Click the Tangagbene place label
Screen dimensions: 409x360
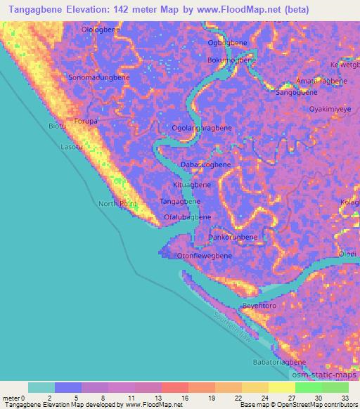coord(181,201)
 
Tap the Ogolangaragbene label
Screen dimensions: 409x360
coord(202,129)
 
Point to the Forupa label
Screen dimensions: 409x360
coord(86,121)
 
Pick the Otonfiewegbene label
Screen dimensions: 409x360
coord(205,256)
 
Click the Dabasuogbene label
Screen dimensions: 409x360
coord(206,164)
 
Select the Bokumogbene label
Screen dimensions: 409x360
coord(226,60)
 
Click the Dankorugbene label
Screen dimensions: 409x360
coord(233,238)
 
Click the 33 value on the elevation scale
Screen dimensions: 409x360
coord(345,397)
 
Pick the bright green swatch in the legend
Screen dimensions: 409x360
coord(309,387)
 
